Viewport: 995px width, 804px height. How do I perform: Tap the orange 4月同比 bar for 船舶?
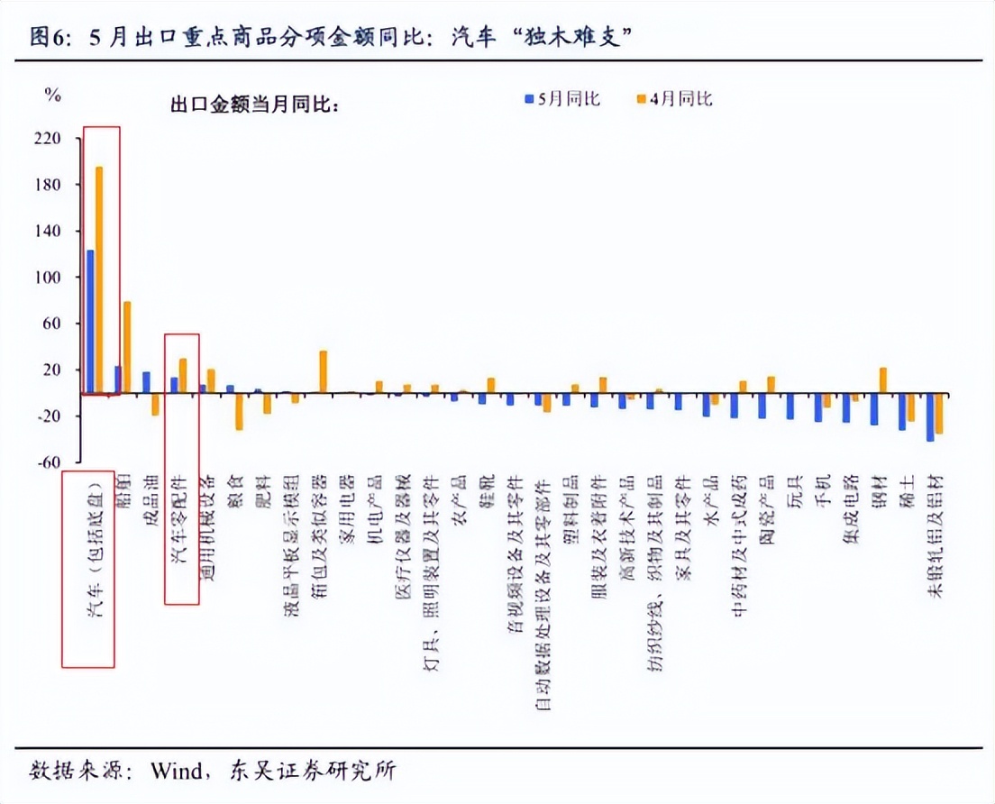(127, 347)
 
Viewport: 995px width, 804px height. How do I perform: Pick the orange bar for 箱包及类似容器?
(324, 371)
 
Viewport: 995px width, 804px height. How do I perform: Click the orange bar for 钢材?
(883, 380)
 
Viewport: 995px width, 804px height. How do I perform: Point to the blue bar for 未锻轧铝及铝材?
(930, 416)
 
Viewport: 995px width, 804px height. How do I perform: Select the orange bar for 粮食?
(239, 411)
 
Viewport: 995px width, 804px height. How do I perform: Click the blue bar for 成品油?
(146, 382)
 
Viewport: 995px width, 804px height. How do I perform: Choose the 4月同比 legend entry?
(675, 98)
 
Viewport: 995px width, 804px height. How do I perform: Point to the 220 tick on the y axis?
(48, 139)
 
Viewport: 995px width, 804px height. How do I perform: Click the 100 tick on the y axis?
(48, 278)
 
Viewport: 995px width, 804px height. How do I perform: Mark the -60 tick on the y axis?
(48, 462)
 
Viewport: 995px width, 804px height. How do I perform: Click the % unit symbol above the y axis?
(53, 95)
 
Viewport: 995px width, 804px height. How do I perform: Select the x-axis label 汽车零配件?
(179, 519)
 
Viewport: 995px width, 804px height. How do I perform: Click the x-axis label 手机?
(822, 491)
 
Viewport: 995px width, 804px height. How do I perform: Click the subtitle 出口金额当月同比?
(253, 105)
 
